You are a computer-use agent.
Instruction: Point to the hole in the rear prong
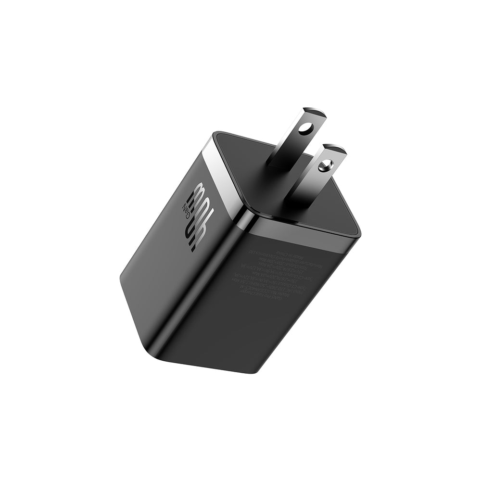(304, 129)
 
